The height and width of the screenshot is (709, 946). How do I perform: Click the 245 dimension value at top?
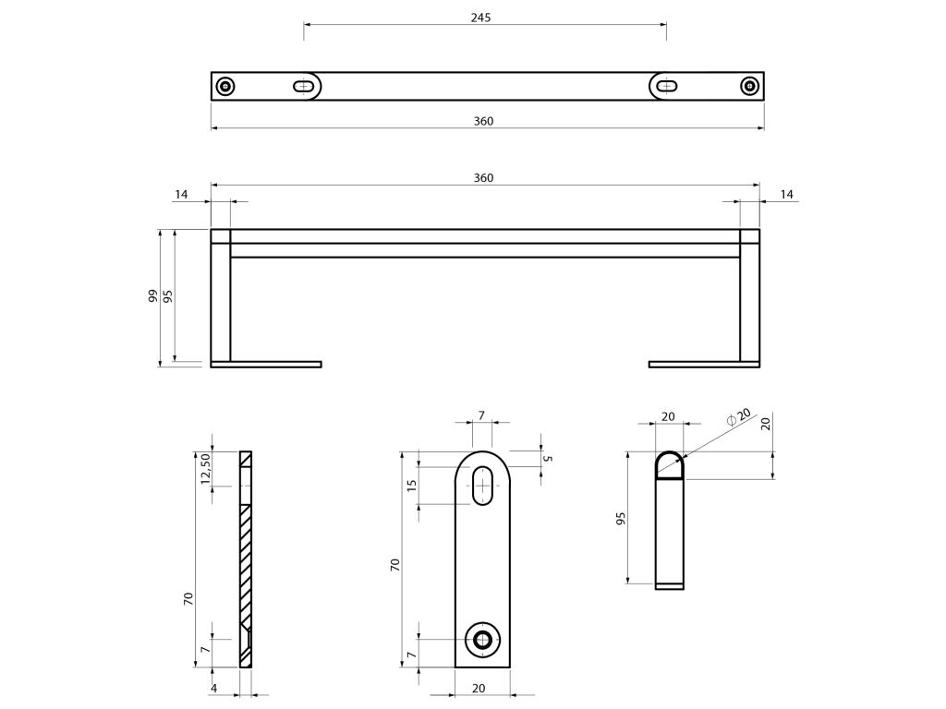point(480,18)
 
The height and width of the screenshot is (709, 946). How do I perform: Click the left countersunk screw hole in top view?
point(225,86)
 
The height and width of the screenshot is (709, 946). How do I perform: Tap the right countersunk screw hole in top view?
point(749,86)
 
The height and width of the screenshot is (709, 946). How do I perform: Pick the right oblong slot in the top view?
point(667,86)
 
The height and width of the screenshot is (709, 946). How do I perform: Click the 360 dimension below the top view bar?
point(483,121)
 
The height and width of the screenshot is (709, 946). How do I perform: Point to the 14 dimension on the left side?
point(181,194)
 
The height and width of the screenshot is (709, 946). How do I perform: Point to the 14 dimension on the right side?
point(787,194)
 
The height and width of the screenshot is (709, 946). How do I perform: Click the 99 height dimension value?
point(153,295)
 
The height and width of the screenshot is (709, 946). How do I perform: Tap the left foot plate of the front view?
point(266,364)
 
